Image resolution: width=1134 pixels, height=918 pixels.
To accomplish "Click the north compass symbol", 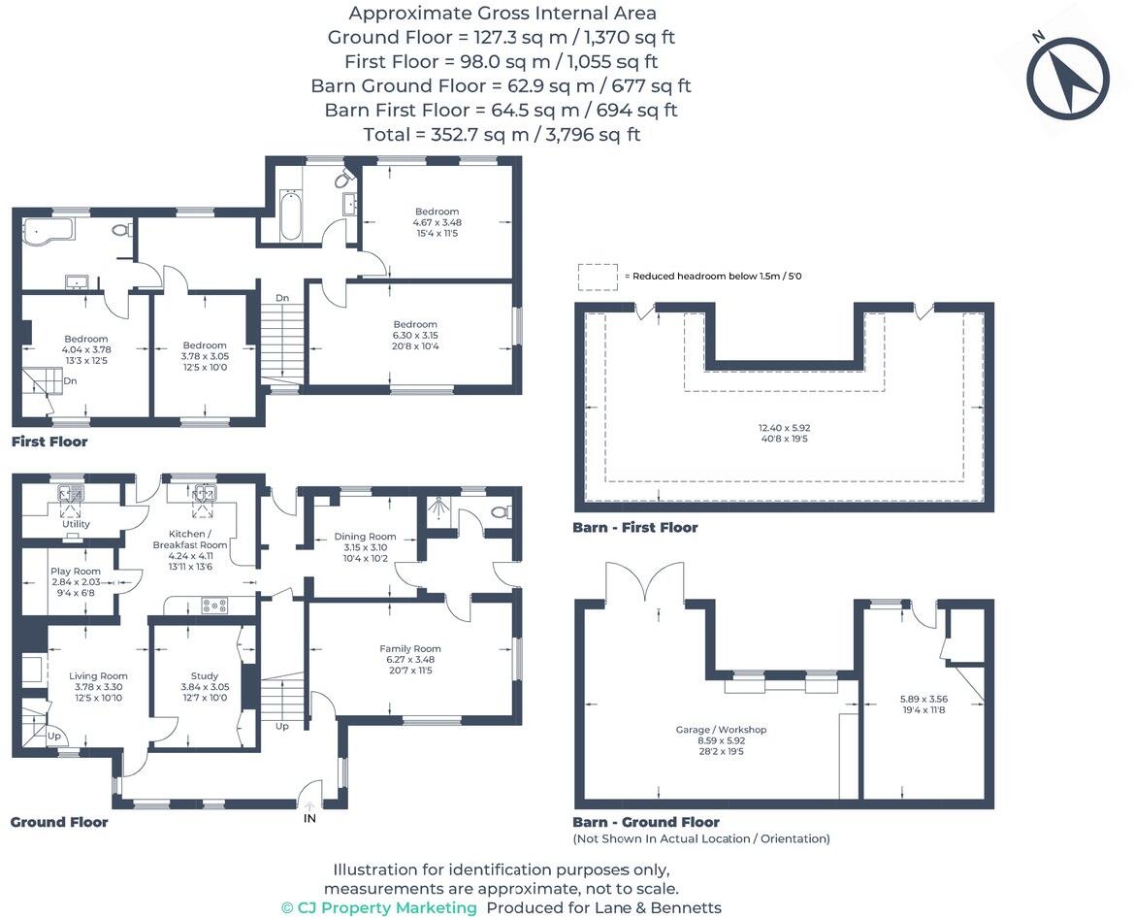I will [1067, 78].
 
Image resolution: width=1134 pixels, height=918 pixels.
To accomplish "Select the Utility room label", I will [76, 524].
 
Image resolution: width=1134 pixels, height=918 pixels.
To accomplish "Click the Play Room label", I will [76, 572].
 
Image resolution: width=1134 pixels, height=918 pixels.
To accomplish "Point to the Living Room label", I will [98, 676].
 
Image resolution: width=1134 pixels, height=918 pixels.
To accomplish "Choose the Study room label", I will [205, 676].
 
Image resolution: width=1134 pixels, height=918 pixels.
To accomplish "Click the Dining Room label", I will [365, 537].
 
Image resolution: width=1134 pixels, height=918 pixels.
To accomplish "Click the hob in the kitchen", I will [212, 606].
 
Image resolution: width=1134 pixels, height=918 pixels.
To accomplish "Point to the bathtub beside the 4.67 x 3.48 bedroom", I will [290, 214].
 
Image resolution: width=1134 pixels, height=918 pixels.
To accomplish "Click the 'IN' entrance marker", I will [310, 818].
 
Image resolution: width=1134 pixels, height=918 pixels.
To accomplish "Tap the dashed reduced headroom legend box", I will [597, 277].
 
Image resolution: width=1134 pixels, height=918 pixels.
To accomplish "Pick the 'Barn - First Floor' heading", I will [634, 528].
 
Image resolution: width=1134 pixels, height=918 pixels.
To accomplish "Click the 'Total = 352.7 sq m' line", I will [502, 135].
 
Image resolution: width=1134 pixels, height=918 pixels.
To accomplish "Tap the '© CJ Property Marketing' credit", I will [379, 907].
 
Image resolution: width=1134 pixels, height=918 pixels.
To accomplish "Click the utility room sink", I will [70, 494].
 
